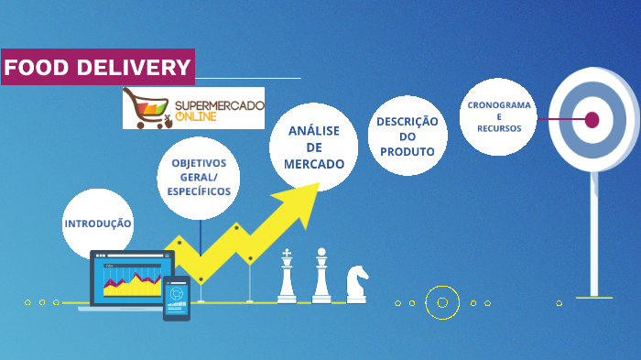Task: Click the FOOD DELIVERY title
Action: [97, 67]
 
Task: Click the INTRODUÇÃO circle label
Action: [98, 224]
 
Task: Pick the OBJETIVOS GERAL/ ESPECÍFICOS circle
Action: [199, 178]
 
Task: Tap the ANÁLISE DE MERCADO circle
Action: [314, 147]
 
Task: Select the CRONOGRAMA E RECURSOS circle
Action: [498, 116]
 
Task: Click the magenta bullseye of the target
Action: [592, 119]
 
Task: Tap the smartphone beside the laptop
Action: [177, 299]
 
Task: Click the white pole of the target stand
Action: [593, 238]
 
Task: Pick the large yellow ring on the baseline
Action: [442, 302]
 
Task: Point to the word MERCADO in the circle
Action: [314, 164]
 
